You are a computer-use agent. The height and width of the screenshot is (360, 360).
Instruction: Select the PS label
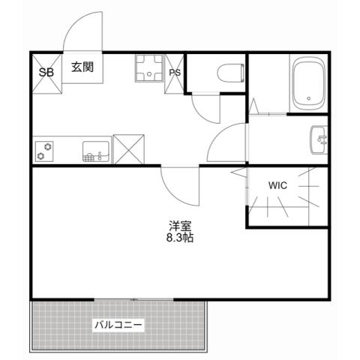point(175,73)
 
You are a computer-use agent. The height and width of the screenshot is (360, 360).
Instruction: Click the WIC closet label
point(277,184)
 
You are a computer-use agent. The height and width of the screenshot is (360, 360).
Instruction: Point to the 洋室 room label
point(180,226)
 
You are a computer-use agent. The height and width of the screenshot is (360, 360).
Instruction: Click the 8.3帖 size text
point(180,238)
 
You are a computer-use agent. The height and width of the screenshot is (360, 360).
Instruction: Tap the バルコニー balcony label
point(118,325)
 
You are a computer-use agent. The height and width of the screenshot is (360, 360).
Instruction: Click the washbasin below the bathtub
point(319,138)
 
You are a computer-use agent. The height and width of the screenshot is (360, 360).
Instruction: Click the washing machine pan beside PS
point(150,70)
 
